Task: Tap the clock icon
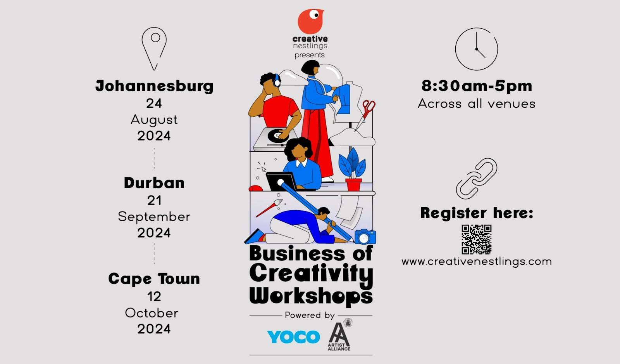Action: (476, 49)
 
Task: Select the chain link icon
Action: (477, 179)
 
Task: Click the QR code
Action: (476, 239)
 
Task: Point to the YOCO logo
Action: (293, 336)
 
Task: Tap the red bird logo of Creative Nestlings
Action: (310, 21)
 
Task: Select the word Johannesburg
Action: (155, 86)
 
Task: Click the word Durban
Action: (154, 183)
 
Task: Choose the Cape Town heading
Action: (154, 279)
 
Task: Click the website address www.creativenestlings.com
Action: (477, 262)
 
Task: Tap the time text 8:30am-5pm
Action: (477, 86)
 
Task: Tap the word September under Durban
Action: (154, 217)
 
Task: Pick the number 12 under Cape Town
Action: (154, 296)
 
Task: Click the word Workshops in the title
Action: (311, 296)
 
